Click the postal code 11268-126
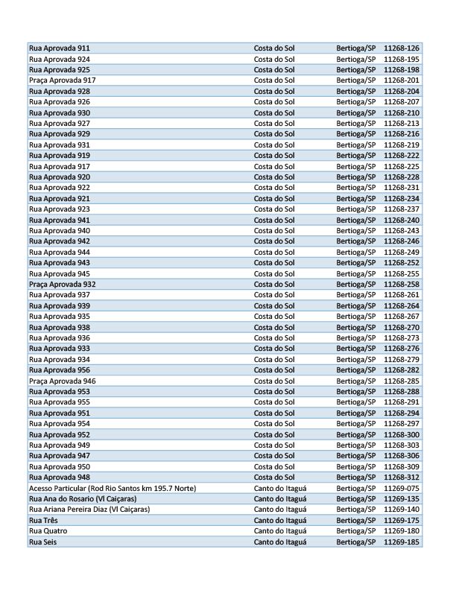tap(402, 48)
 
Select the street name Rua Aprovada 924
tap(60, 59)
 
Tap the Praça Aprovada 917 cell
tap(62, 80)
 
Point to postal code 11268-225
tap(402, 166)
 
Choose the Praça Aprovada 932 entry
tap(62, 285)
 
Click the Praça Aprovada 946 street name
tap(62, 381)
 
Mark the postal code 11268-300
tap(402, 434)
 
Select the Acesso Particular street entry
tap(112, 488)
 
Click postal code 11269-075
tap(402, 488)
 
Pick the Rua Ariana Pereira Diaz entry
tap(89, 510)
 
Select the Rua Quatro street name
tap(48, 531)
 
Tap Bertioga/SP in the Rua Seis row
tap(356, 542)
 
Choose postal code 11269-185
tap(402, 542)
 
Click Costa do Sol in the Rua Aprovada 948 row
tap(274, 477)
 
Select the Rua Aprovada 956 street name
tap(60, 369)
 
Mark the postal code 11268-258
tap(402, 285)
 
